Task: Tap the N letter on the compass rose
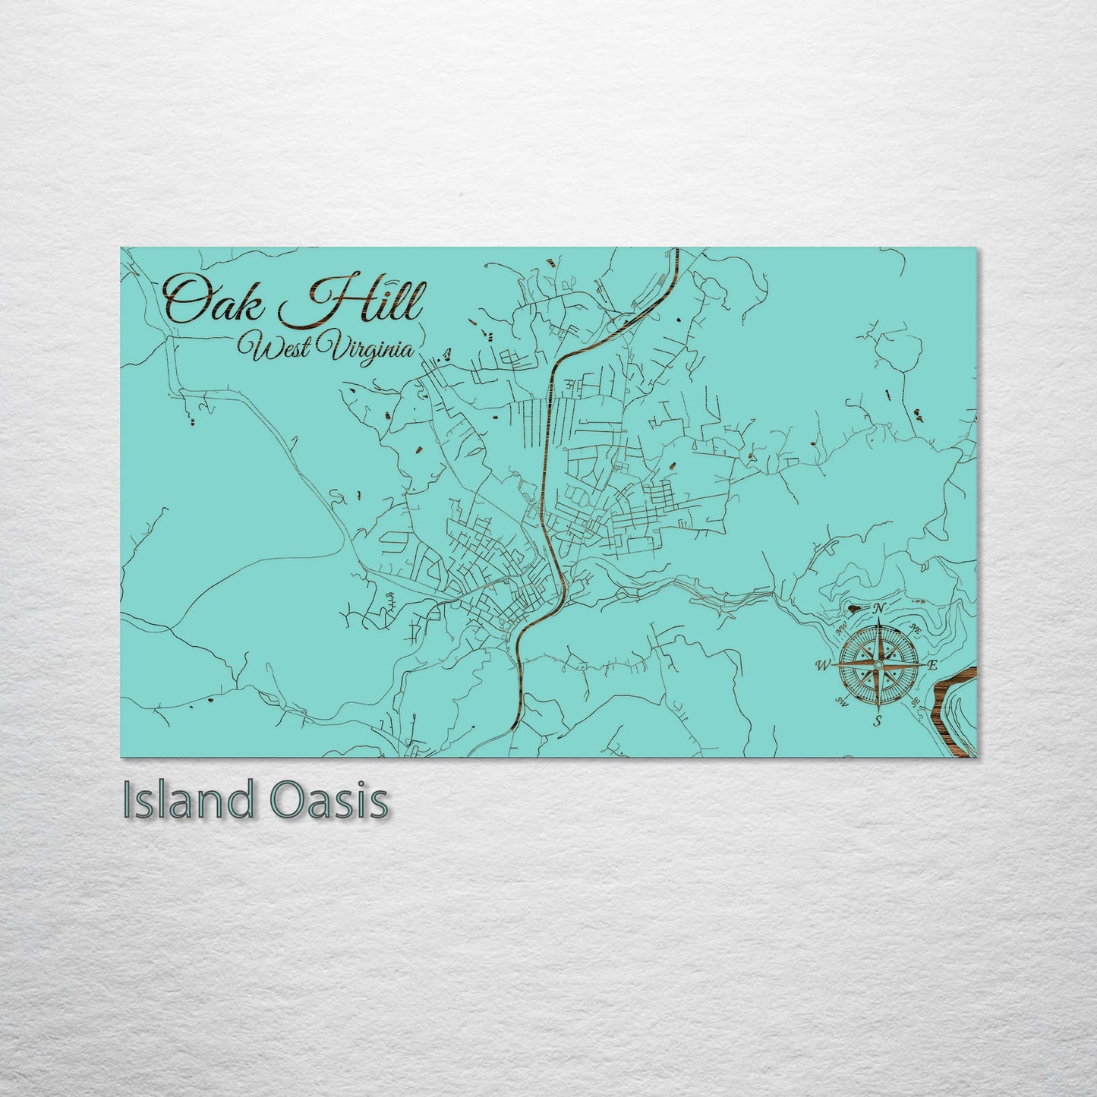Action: pyautogui.click(x=879, y=608)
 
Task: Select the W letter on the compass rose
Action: pyautogui.click(x=822, y=666)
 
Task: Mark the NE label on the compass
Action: pyautogui.click(x=916, y=629)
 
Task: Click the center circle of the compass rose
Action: pyautogui.click(x=878, y=665)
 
